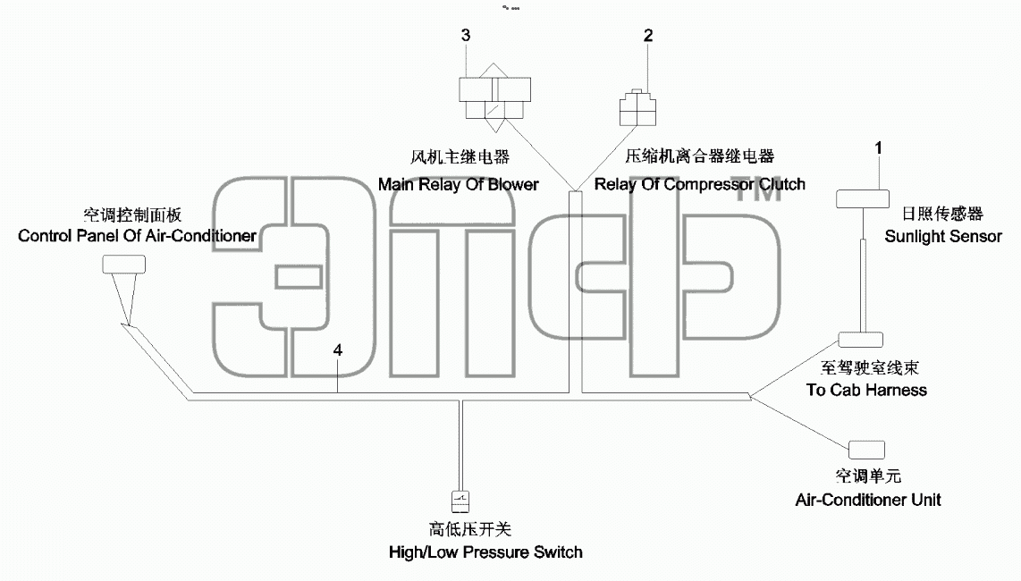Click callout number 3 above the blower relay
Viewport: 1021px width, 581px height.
tap(466, 35)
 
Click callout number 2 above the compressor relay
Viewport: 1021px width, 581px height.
tap(648, 35)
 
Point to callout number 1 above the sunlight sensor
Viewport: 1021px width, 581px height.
tap(878, 147)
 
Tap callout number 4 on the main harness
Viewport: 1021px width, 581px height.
tap(337, 349)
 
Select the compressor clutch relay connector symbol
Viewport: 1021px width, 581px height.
tap(637, 107)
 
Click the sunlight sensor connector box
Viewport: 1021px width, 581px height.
tap(863, 198)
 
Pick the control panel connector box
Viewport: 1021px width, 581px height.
tap(123, 264)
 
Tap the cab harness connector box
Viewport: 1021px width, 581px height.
tap(860, 340)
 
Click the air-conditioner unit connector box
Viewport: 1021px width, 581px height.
tap(866, 450)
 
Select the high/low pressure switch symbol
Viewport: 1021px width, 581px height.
tap(460, 501)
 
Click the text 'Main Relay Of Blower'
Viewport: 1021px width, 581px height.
tap(459, 184)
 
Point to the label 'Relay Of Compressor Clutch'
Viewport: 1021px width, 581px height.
tap(700, 184)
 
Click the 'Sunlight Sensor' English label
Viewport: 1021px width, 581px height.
tap(943, 237)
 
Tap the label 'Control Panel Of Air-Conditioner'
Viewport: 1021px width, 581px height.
tap(138, 235)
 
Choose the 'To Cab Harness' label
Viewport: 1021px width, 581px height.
tap(866, 390)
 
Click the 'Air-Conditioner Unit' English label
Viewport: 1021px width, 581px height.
tap(868, 500)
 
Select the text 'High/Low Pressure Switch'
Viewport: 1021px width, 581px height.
tap(485, 552)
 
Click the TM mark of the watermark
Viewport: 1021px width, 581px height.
tap(757, 190)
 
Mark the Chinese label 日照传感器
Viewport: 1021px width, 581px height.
tap(942, 214)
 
